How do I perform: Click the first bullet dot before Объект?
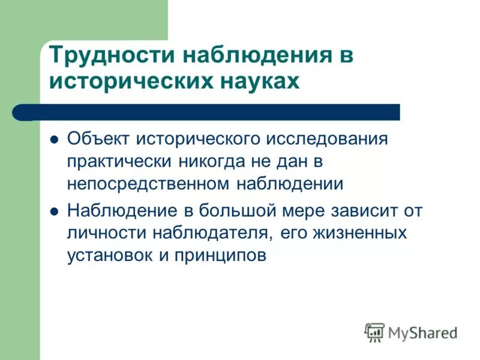[54, 139]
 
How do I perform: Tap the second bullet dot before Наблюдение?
[54, 212]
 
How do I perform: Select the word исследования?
[328, 139]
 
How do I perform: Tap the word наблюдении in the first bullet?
[289, 183]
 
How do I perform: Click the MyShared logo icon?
[374, 332]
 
